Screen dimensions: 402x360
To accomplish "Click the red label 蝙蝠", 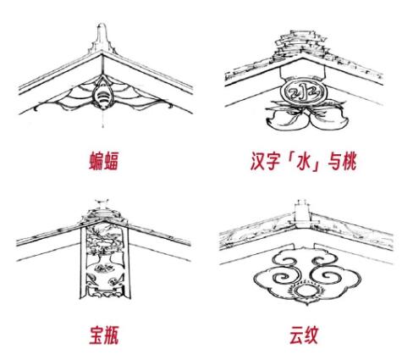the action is pyautogui.click(x=104, y=161).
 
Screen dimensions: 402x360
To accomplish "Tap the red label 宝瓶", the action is pyautogui.click(x=104, y=335).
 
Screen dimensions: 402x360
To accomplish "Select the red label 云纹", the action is pyautogui.click(x=304, y=335).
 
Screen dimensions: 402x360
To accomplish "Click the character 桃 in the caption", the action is pyautogui.click(x=349, y=161).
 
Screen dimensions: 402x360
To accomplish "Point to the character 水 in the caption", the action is pyautogui.click(x=302, y=161).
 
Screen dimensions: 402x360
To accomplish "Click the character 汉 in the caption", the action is pyautogui.click(x=258, y=161).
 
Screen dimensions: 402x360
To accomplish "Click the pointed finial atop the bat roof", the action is pyautogui.click(x=102, y=39).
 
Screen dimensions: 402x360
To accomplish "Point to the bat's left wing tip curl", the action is pyautogui.click(x=36, y=108).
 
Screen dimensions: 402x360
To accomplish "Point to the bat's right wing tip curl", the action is pyautogui.click(x=169, y=106).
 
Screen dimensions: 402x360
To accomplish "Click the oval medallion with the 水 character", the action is pyautogui.click(x=303, y=92).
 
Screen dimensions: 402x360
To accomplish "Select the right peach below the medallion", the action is pyautogui.click(x=328, y=119).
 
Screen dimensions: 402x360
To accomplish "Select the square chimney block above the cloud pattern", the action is pyautogui.click(x=302, y=211).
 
